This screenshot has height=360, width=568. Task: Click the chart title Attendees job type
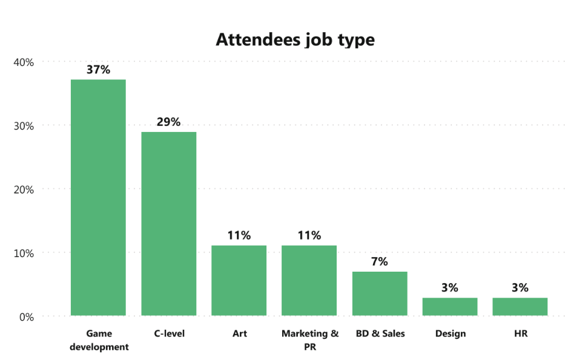point(295,40)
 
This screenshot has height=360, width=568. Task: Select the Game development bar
point(98,197)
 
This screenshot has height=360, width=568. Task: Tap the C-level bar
point(168,223)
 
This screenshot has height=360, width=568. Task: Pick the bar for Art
point(239,280)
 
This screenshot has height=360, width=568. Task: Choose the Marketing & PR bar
point(309,280)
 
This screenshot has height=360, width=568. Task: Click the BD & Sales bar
point(380,293)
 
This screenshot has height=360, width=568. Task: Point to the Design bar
point(450,307)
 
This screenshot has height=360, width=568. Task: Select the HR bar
point(520,307)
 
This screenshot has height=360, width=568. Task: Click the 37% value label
point(98,70)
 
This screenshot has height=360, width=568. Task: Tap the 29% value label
point(168,122)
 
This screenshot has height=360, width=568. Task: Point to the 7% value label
point(380,261)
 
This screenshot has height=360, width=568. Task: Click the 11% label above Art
point(239,235)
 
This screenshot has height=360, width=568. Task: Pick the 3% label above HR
point(520,287)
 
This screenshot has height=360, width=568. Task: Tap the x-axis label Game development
point(99,340)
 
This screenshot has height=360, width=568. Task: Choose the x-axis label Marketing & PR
point(309,340)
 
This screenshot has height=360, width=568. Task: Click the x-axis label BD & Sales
point(380,333)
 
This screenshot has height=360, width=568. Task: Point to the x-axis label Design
point(450,333)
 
